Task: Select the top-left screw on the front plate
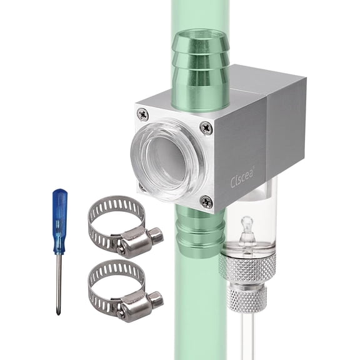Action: tap(142, 114)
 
